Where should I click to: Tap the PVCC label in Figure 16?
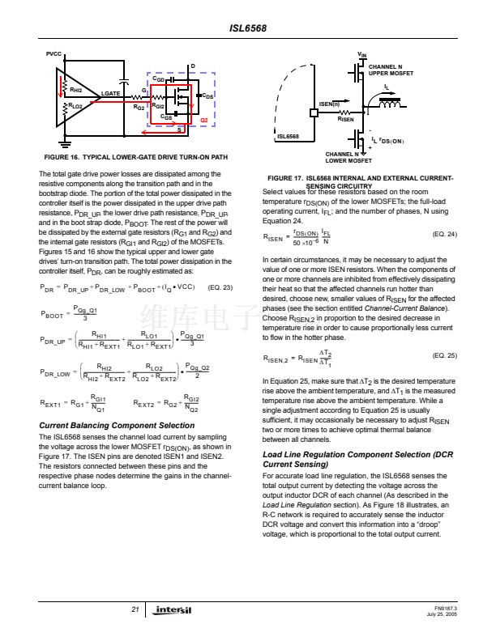pos(53,53)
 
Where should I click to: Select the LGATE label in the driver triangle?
pos(110,94)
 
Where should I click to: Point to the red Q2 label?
pos(204,120)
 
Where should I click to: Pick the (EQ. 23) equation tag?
pos(220,287)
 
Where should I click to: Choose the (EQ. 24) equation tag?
pos(445,234)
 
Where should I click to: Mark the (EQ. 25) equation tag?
pos(445,355)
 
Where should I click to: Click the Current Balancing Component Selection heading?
pos(117,425)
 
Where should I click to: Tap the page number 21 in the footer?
pos(135,610)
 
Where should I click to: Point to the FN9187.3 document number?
pos(446,608)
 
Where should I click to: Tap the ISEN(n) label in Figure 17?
pos(328,104)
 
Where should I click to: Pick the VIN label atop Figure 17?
pos(361,54)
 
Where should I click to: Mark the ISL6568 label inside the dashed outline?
pos(289,136)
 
